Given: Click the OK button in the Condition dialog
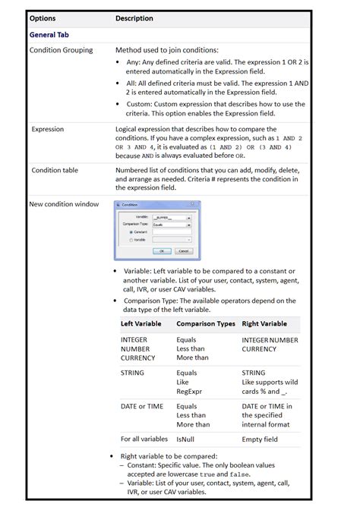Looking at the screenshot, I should pos(162,250).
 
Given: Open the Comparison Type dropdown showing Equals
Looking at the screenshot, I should pos(172,224).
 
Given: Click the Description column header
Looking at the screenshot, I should pos(134,18).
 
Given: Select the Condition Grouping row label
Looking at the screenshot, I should pos(61,50).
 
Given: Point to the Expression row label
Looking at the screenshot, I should pos(48,129).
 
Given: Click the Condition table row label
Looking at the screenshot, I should pos(55,170).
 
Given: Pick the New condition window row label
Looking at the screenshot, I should pos(64,204).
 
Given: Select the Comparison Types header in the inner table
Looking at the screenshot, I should pos(206,324).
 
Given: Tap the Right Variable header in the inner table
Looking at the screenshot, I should pos(264,324).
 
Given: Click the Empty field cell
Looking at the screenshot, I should pos(261,439).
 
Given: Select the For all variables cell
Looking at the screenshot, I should pos(144,439).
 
